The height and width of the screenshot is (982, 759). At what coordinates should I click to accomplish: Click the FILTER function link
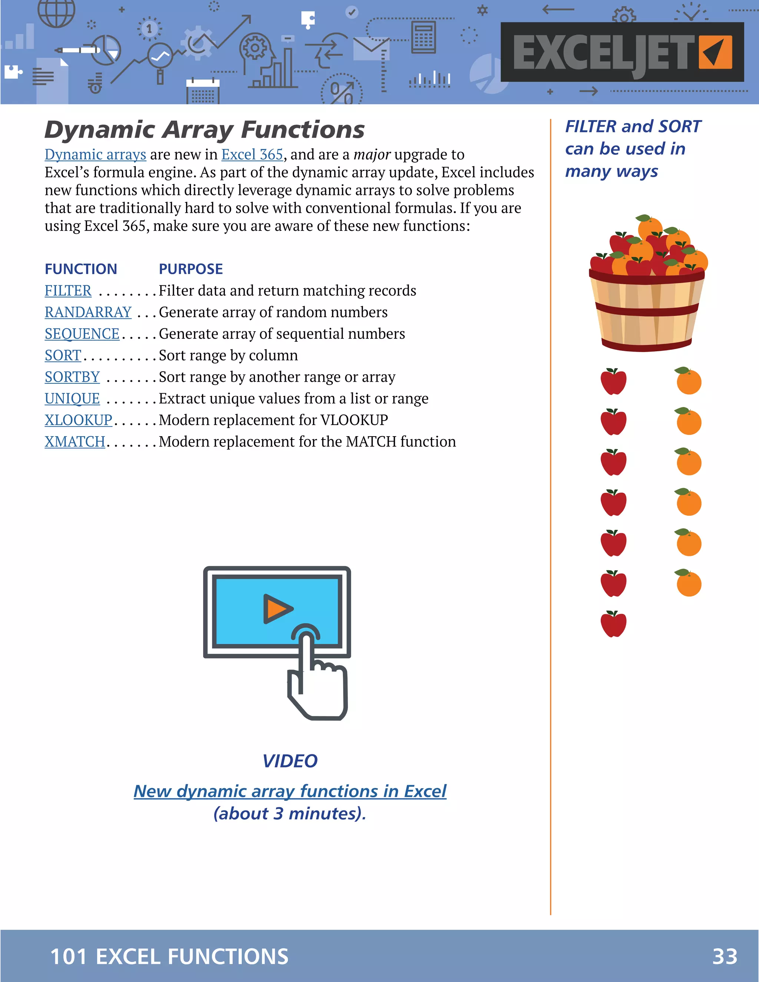[x=68, y=291]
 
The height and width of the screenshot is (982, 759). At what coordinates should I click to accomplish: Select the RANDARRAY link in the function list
[x=88, y=312]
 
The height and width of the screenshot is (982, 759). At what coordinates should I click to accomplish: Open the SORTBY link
[x=72, y=377]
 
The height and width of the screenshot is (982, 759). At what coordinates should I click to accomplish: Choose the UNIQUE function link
[x=72, y=398]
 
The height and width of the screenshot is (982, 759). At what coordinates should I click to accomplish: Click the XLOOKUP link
[x=78, y=420]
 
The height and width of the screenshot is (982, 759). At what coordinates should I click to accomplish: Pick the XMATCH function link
[x=74, y=442]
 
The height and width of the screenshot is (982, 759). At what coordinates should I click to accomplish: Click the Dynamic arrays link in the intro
[x=95, y=155]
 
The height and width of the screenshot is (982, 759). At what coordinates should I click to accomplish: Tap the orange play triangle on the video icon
[x=277, y=609]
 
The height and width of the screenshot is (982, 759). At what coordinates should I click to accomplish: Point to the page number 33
[x=725, y=956]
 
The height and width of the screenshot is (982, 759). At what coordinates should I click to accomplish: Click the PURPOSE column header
[x=190, y=269]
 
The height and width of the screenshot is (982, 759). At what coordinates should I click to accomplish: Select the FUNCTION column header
[x=81, y=269]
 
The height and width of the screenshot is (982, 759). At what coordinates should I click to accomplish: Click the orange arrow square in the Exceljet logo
[x=715, y=52]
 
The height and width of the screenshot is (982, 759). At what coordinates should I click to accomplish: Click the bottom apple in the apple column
[x=613, y=624]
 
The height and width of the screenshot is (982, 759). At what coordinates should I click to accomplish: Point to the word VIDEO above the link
[x=290, y=761]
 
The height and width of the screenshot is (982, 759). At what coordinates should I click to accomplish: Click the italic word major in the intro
[x=372, y=155]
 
